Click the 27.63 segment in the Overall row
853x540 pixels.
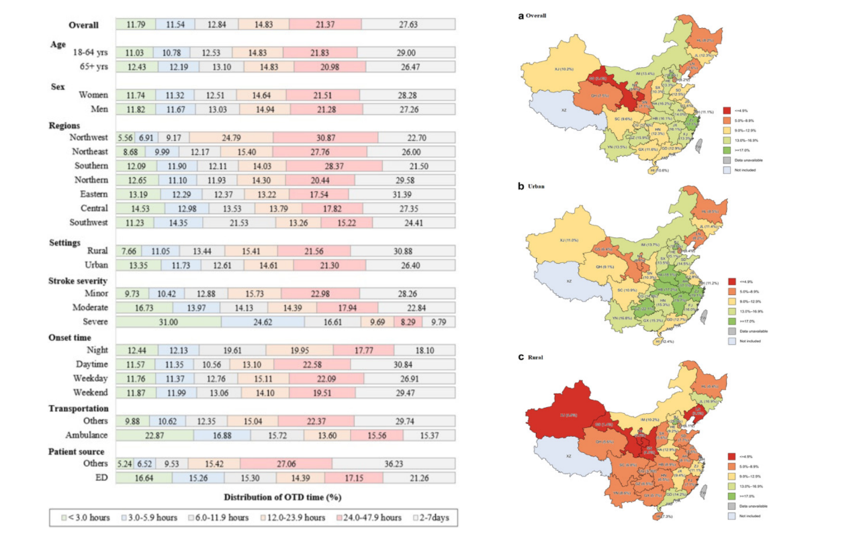tap(408, 24)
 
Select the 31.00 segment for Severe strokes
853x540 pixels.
tap(169, 322)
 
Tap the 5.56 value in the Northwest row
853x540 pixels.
tap(125, 137)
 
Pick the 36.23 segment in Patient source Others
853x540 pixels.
tap(394, 464)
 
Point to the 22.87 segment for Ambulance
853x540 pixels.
tap(154, 435)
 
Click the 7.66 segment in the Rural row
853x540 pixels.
tap(128, 251)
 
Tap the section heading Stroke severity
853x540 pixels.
tap(78, 280)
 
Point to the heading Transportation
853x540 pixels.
tap(79, 409)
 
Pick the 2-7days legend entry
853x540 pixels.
tap(432, 518)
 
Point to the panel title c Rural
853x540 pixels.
tap(531, 358)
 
